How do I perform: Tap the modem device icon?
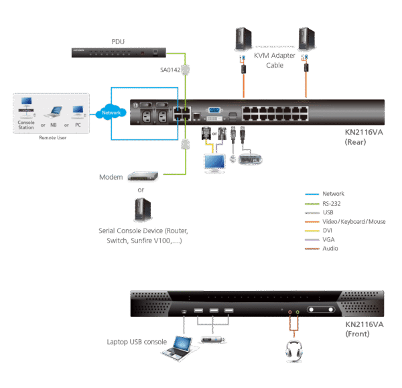[x=142, y=178]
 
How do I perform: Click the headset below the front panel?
[x=293, y=350]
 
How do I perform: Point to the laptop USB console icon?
[x=180, y=345]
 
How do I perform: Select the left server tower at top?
[x=243, y=41]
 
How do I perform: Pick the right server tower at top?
[x=308, y=41]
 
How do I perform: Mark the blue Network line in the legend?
[x=313, y=194]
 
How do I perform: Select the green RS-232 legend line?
[x=313, y=202]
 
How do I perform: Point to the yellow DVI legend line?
[x=313, y=230]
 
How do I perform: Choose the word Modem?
[x=109, y=178]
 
